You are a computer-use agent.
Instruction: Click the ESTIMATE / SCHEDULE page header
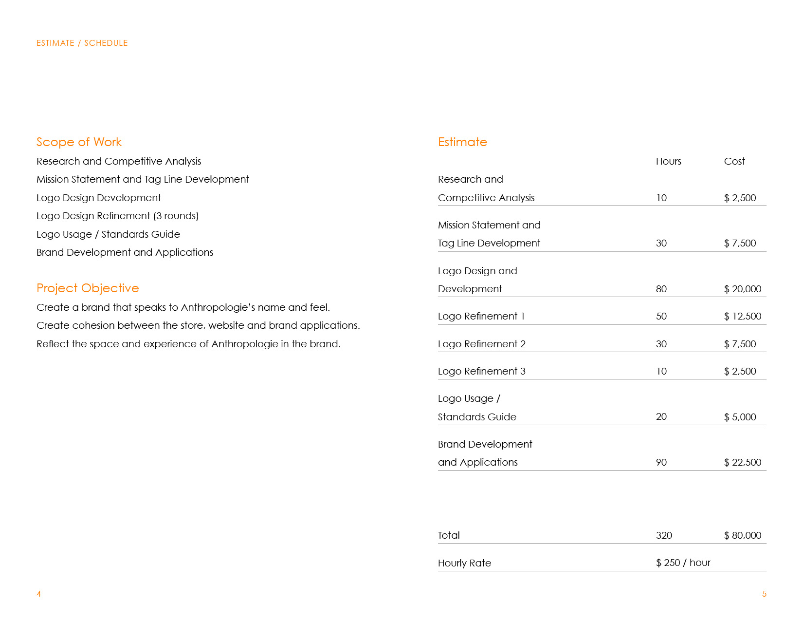click(82, 43)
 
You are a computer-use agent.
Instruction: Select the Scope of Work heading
click(79, 142)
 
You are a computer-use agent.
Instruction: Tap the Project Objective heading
click(88, 288)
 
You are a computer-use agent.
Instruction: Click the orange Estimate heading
click(462, 142)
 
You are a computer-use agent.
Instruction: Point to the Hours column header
click(668, 161)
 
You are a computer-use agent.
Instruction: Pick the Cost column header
click(734, 161)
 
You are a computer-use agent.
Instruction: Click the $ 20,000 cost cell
click(742, 289)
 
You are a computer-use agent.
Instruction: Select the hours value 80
click(661, 289)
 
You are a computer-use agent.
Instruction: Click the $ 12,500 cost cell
click(742, 316)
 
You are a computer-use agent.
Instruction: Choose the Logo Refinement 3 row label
click(481, 371)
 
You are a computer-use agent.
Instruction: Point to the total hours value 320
click(664, 535)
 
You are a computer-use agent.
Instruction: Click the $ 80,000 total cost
click(742, 535)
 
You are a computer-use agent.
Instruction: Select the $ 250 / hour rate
click(683, 563)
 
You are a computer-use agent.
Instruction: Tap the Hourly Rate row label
click(464, 563)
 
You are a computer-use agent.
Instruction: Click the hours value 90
click(661, 462)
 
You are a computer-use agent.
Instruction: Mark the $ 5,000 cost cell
click(740, 417)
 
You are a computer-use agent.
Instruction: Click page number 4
click(39, 594)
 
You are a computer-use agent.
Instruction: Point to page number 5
click(764, 594)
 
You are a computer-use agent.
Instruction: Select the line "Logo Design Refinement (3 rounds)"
click(117, 216)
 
